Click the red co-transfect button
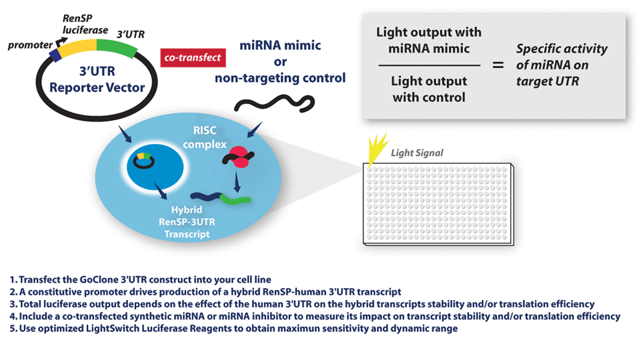pyautogui.click(x=193, y=58)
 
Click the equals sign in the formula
pyautogui.click(x=498, y=65)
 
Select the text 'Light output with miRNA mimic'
pyautogui.click(x=428, y=40)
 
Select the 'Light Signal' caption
pyautogui.click(x=417, y=153)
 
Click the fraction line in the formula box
pyautogui.click(x=428, y=65)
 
